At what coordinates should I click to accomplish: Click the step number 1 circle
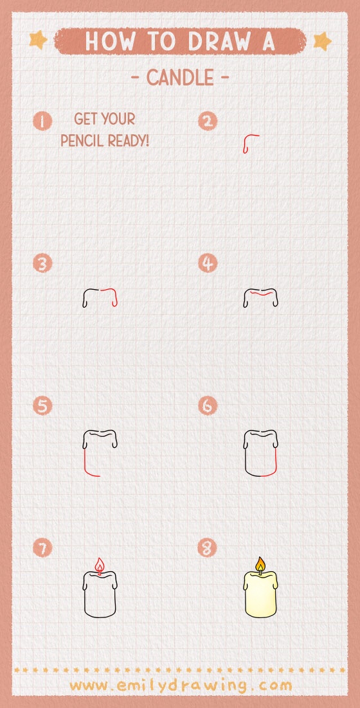42,121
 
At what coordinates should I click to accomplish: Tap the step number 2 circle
208,121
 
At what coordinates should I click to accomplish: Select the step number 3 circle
42,263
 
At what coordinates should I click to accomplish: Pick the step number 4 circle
208,263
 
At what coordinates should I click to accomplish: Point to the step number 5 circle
42,406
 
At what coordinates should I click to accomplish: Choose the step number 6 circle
208,406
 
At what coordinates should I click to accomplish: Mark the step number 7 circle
42,548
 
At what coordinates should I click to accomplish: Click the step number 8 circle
208,548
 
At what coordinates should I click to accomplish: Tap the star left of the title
39,40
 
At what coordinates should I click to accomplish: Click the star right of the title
321,41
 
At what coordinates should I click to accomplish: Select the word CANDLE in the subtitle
180,78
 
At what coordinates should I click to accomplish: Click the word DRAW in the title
215,41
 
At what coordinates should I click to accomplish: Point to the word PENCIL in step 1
83,140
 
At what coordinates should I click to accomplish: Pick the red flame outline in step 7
99,565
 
